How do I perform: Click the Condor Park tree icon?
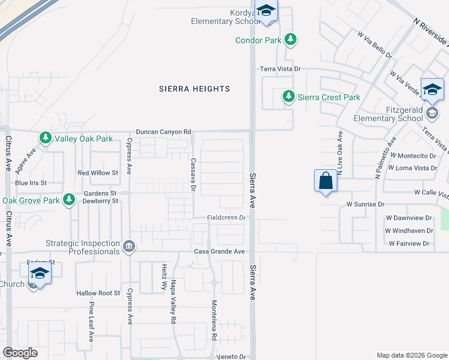(291, 40)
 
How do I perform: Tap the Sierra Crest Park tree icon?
(289, 97)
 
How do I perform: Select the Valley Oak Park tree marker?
(46, 139)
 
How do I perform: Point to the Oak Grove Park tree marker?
(70, 200)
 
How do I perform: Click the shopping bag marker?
(325, 181)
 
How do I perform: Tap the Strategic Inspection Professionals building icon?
(129, 247)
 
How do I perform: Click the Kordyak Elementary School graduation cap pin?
(265, 11)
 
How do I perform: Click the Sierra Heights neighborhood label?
(194, 89)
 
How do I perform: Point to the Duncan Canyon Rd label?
(163, 131)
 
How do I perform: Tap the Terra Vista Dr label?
(280, 70)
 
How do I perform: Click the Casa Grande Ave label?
(219, 251)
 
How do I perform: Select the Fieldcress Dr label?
(227, 217)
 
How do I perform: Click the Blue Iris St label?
(31, 182)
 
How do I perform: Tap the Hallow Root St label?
(98, 293)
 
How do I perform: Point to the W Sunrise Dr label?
(365, 205)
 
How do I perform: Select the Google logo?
(20, 353)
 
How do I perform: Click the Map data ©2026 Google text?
(411, 355)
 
